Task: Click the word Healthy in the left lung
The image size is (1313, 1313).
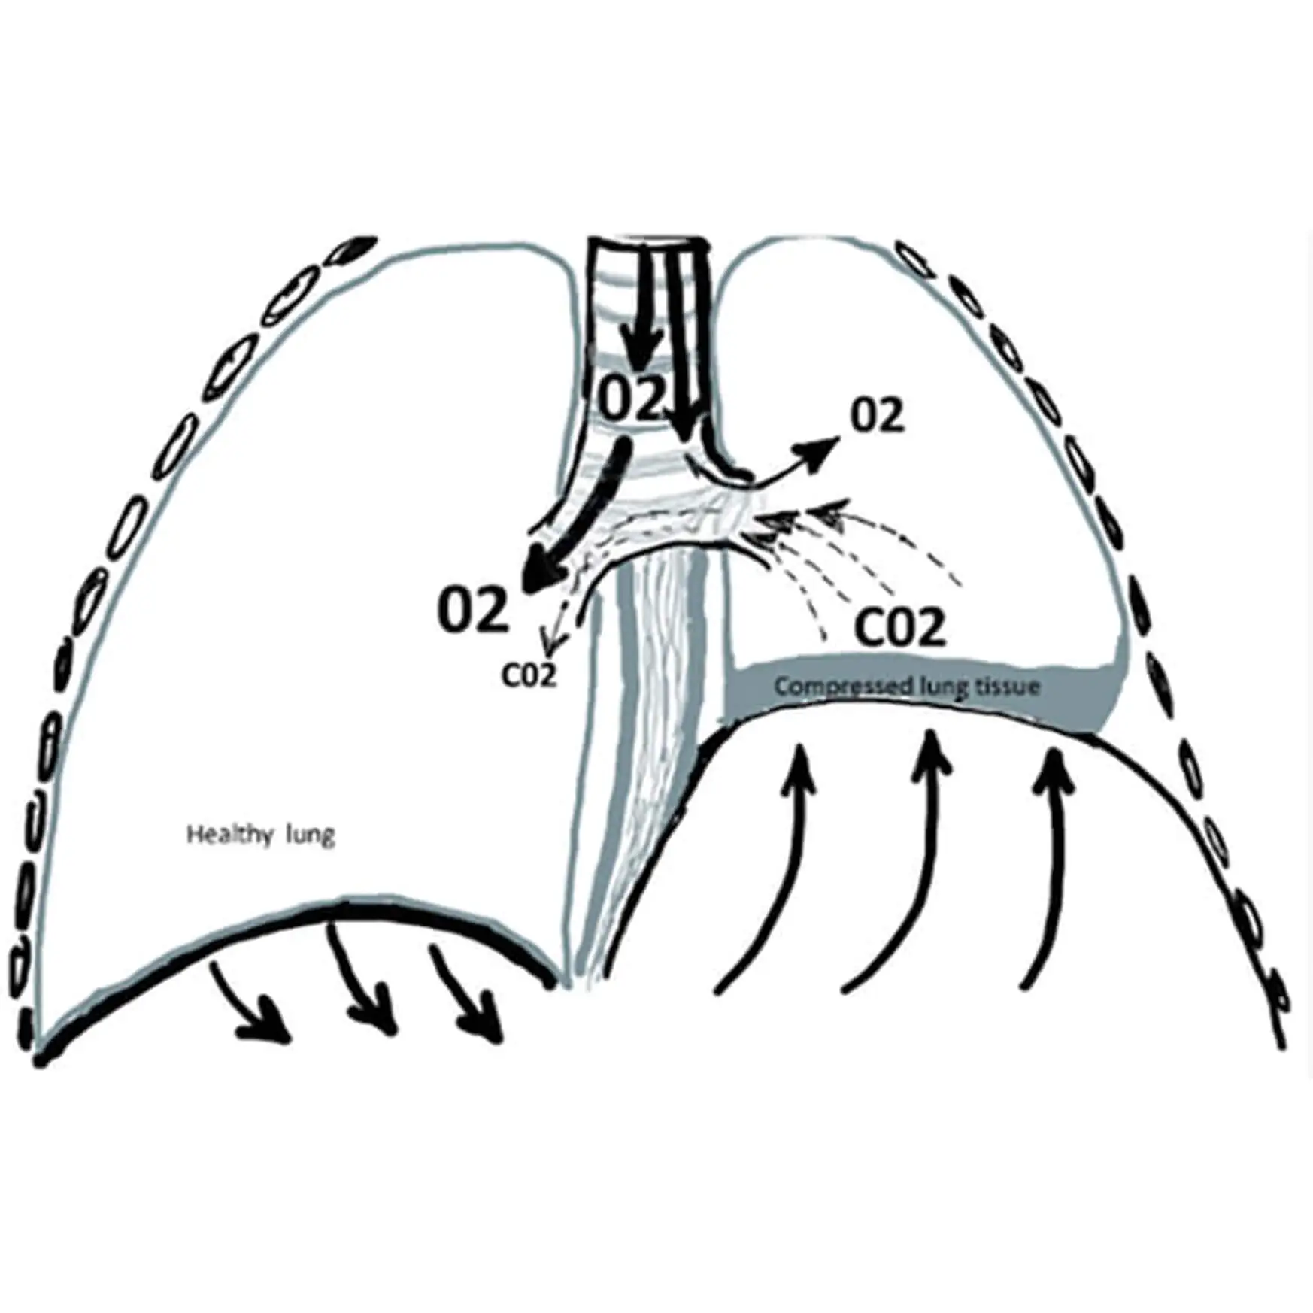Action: click(224, 835)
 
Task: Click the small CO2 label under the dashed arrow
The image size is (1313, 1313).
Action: click(529, 675)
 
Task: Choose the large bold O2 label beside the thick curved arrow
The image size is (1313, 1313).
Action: click(474, 610)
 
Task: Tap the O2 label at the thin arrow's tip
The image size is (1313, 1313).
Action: click(877, 417)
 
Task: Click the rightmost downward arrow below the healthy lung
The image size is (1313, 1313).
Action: click(485, 1019)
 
